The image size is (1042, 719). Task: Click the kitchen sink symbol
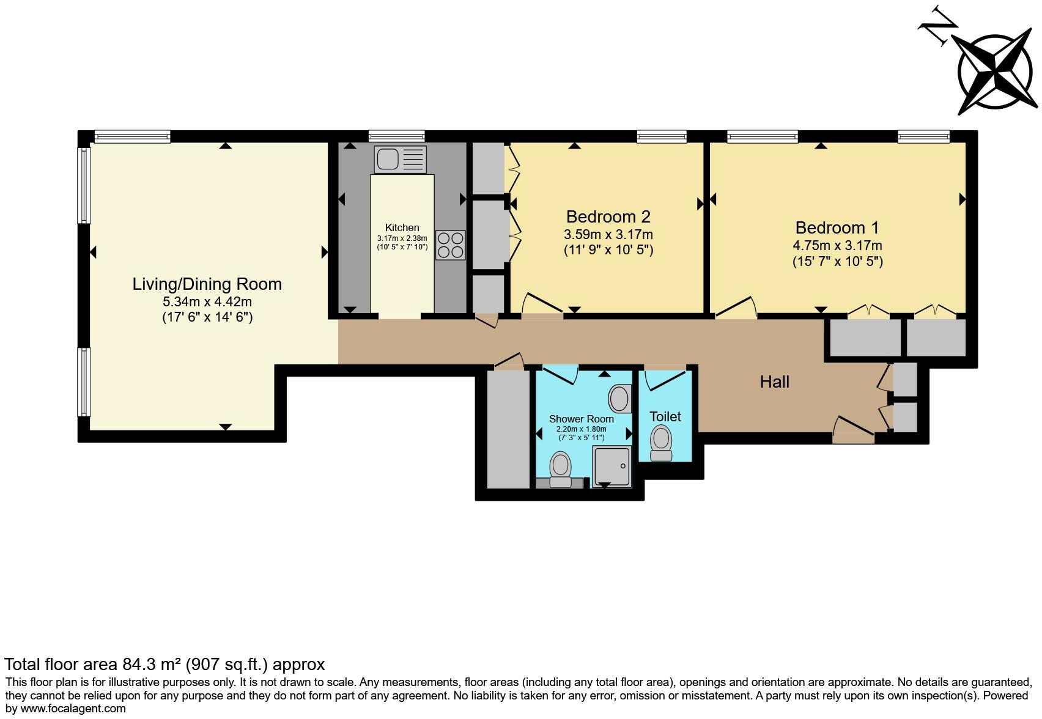click(x=400, y=159)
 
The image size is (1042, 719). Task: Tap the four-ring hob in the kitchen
click(x=450, y=245)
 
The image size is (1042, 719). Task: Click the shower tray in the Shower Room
click(x=612, y=466)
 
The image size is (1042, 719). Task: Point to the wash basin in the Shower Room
click(x=619, y=399)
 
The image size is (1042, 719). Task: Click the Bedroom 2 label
click(x=608, y=216)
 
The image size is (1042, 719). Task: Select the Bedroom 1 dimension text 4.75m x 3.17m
click(x=837, y=246)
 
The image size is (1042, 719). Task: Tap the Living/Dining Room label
click(x=207, y=284)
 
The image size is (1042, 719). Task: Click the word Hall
click(x=774, y=382)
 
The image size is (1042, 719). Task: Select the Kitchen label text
click(x=402, y=227)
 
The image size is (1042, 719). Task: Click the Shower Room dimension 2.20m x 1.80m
click(x=581, y=429)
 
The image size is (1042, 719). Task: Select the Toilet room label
click(x=665, y=416)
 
